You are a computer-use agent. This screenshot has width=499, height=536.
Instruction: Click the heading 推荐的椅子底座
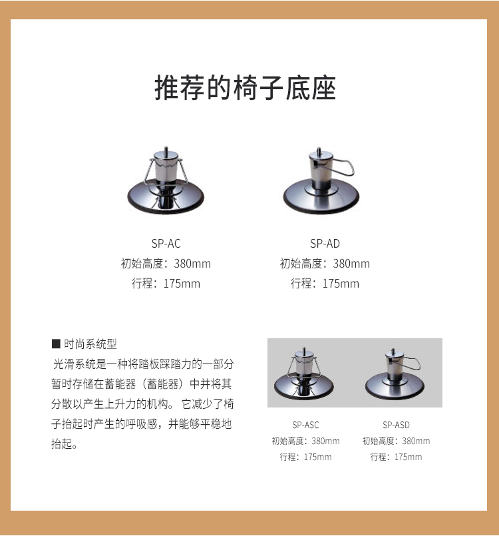tap(246, 88)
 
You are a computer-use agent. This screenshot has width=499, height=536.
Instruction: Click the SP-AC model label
tap(166, 244)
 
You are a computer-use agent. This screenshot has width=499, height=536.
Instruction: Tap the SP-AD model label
tap(325, 244)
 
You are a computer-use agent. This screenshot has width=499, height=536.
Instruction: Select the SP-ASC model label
tap(305, 425)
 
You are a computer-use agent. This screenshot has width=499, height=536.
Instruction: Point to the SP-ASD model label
tap(396, 425)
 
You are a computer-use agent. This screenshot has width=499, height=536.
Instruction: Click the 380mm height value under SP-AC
tap(192, 264)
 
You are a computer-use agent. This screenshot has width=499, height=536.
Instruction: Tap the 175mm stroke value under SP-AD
tap(341, 284)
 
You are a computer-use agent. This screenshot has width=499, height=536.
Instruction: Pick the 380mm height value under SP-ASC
tap(325, 441)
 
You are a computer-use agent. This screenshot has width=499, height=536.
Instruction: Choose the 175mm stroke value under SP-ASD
tap(408, 457)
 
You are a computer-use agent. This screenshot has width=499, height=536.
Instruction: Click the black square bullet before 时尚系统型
tap(56, 344)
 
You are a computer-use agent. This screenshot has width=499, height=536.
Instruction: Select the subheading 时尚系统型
tap(90, 344)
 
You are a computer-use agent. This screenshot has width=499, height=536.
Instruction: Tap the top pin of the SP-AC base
tap(166, 150)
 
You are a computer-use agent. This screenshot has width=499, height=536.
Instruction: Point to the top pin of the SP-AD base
tap(319, 150)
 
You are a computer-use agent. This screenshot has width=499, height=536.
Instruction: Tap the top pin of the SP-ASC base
tap(304, 350)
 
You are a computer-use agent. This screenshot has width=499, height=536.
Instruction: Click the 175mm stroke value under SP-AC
tap(182, 284)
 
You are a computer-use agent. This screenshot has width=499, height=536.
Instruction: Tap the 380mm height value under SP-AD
tap(351, 264)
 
